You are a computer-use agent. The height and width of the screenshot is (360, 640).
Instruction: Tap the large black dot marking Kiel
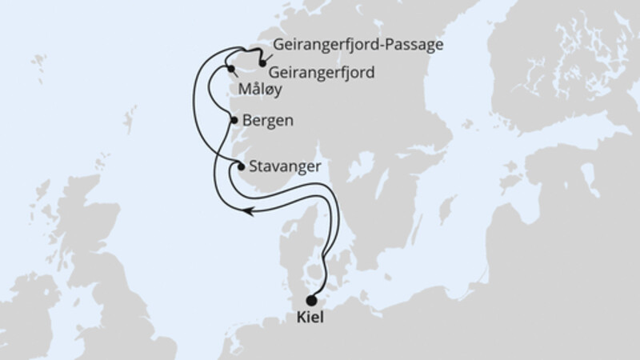click(x=311, y=300)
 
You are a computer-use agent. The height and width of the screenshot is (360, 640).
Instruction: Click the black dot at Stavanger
click(x=241, y=166)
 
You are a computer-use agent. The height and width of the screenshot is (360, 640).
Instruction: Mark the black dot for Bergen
click(x=234, y=121)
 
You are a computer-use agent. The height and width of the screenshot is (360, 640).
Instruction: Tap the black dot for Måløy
click(x=231, y=69)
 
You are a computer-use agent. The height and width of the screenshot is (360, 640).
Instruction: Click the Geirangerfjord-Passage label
click(x=356, y=45)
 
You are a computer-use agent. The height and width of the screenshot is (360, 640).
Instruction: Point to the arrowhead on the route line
click(x=249, y=210)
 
